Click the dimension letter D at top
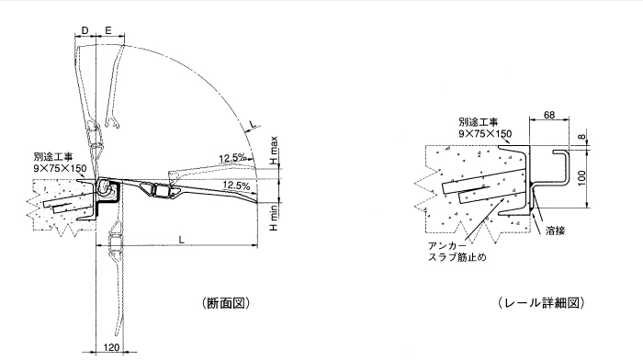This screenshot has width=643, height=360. coord(85,31)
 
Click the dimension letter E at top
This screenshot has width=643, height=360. coord(108,31)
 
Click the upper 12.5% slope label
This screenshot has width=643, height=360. coord(232,158)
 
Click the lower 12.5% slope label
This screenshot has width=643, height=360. coord(237,186)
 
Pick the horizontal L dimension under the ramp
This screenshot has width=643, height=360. coord(182,239)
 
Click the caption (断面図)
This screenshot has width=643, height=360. coord(224,302)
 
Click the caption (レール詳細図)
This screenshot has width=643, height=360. coord(540,302)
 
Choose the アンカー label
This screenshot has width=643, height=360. coord(447,246)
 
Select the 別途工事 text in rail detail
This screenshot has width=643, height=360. coord(478,120)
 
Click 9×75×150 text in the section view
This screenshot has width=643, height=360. coord(61,168)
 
